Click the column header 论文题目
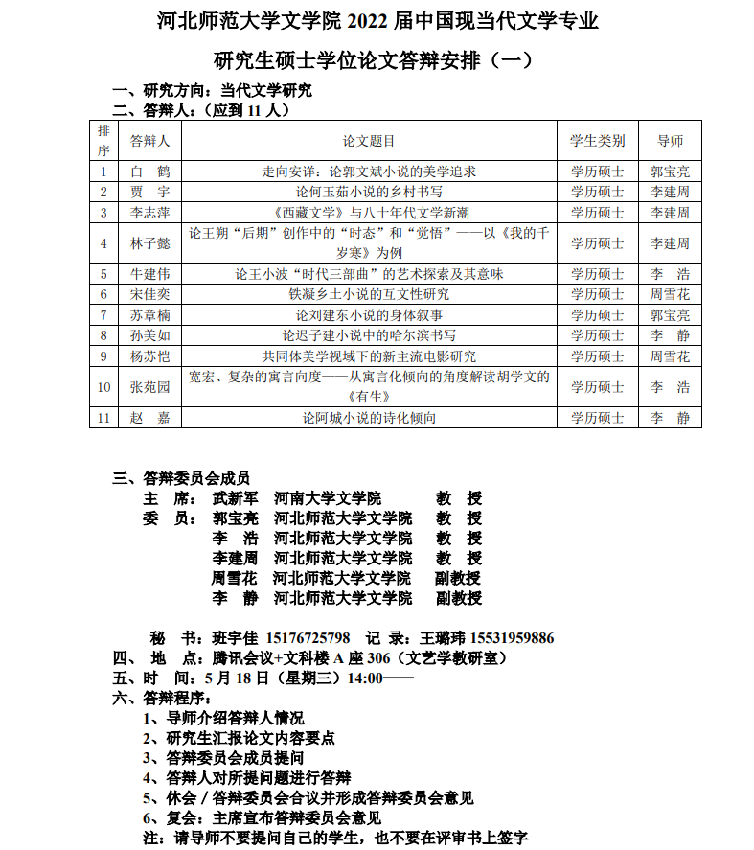(x=369, y=141)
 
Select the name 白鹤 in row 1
(x=149, y=172)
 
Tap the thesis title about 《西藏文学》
(x=369, y=213)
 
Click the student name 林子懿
(x=149, y=243)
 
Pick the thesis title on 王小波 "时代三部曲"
(x=369, y=274)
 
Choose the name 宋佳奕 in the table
(x=149, y=294)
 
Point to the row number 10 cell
(x=103, y=387)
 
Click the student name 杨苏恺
(x=149, y=356)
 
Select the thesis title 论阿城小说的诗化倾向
(x=369, y=418)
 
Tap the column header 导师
(x=670, y=141)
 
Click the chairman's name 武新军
(x=235, y=498)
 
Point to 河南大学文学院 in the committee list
(x=328, y=498)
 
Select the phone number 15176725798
(x=308, y=638)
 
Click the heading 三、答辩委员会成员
(x=181, y=478)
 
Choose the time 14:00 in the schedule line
(x=364, y=678)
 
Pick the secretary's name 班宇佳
(x=232, y=638)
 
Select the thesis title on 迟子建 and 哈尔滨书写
(x=369, y=335)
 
